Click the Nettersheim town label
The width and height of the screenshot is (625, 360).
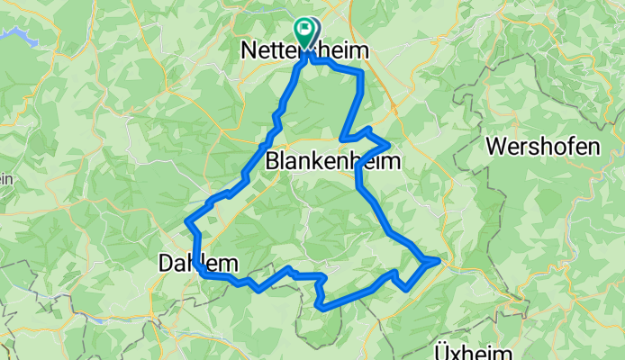306,53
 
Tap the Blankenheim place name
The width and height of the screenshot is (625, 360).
333,162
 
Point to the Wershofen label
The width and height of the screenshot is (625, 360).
542,146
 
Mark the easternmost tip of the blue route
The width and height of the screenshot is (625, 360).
439,261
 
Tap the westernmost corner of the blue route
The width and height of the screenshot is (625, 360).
186,221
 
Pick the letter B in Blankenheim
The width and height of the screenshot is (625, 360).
274,162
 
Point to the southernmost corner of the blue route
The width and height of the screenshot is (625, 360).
321,308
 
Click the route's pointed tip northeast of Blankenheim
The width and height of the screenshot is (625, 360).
388,143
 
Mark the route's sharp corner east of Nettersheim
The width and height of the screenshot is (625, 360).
362,71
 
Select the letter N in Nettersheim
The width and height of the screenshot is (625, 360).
250,53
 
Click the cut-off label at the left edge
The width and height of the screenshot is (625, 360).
5,178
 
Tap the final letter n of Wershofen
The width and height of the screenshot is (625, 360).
593,146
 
